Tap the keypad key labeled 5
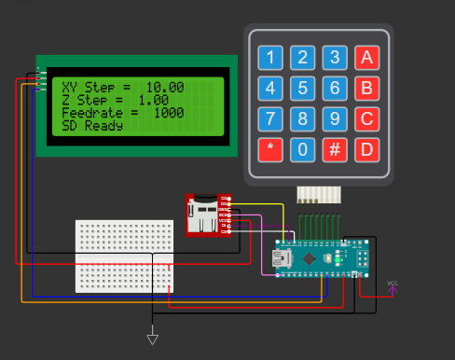pyautogui.click(x=302, y=89)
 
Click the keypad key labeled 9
pyautogui.click(x=334, y=119)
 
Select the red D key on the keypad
pyautogui.click(x=366, y=149)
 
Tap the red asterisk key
pyautogui.click(x=270, y=149)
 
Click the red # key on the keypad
pyautogui.click(x=334, y=149)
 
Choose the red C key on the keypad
pyautogui.click(x=366, y=119)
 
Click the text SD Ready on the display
pyautogui.click(x=92, y=125)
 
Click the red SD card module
pyautogui.click(x=208, y=215)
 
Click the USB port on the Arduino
pyautogui.click(x=281, y=256)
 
